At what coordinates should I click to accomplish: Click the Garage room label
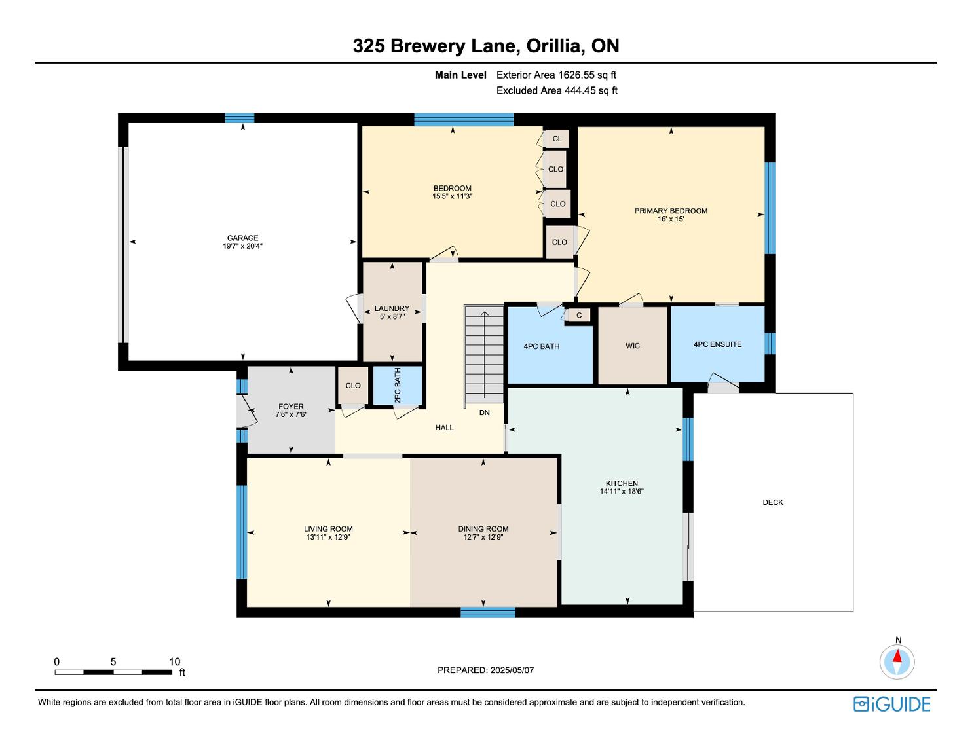tap(242, 238)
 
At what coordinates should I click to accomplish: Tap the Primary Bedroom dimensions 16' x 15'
tap(671, 219)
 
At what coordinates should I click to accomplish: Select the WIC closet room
tap(633, 344)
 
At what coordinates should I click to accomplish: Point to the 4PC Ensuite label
tap(717, 344)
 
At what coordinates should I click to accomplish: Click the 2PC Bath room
tap(398, 386)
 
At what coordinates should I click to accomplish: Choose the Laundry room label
tap(392, 308)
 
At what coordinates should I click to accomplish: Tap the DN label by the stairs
tap(485, 412)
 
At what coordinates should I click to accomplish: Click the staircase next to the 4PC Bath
tap(484, 354)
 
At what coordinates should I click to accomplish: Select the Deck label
tap(773, 502)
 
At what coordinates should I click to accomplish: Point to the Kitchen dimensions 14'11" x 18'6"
tap(622, 491)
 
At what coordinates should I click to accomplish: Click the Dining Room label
tap(483, 529)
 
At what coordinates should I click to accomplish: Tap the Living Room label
tap(328, 529)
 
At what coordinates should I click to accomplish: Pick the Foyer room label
tap(291, 407)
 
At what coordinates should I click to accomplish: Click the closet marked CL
tap(557, 139)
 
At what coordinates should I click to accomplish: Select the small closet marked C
tap(579, 315)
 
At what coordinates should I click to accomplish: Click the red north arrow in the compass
tap(897, 656)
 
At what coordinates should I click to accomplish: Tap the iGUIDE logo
tap(892, 704)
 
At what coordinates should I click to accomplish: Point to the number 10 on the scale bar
tap(174, 661)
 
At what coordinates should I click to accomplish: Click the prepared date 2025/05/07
tap(512, 670)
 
